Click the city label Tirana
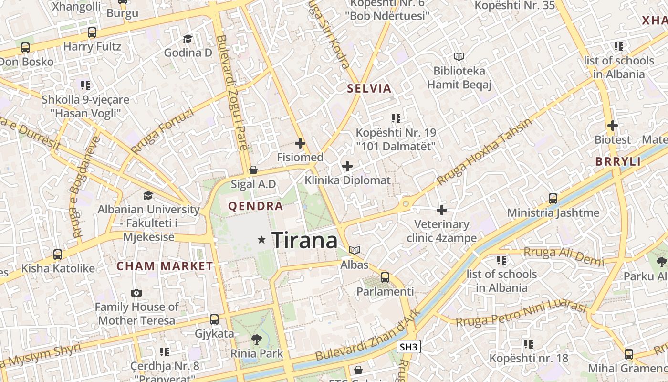click(x=304, y=240)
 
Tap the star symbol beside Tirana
click(x=261, y=240)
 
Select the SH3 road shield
click(x=409, y=347)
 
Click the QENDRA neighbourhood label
click(x=256, y=206)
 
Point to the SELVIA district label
click(x=369, y=88)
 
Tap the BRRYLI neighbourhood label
click(x=618, y=161)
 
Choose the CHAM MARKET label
click(x=165, y=266)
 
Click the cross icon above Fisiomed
click(x=300, y=143)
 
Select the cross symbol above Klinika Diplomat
click(x=347, y=166)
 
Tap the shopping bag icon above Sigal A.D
click(x=253, y=170)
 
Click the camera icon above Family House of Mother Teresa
click(x=136, y=293)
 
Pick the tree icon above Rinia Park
click(x=257, y=339)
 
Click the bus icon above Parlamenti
click(x=385, y=277)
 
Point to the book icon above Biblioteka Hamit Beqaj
click(x=459, y=56)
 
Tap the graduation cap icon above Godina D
click(x=188, y=39)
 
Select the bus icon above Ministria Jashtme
click(x=553, y=198)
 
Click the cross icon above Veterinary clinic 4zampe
click(x=442, y=210)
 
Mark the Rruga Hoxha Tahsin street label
click(x=484, y=152)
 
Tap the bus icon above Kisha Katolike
click(x=58, y=254)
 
